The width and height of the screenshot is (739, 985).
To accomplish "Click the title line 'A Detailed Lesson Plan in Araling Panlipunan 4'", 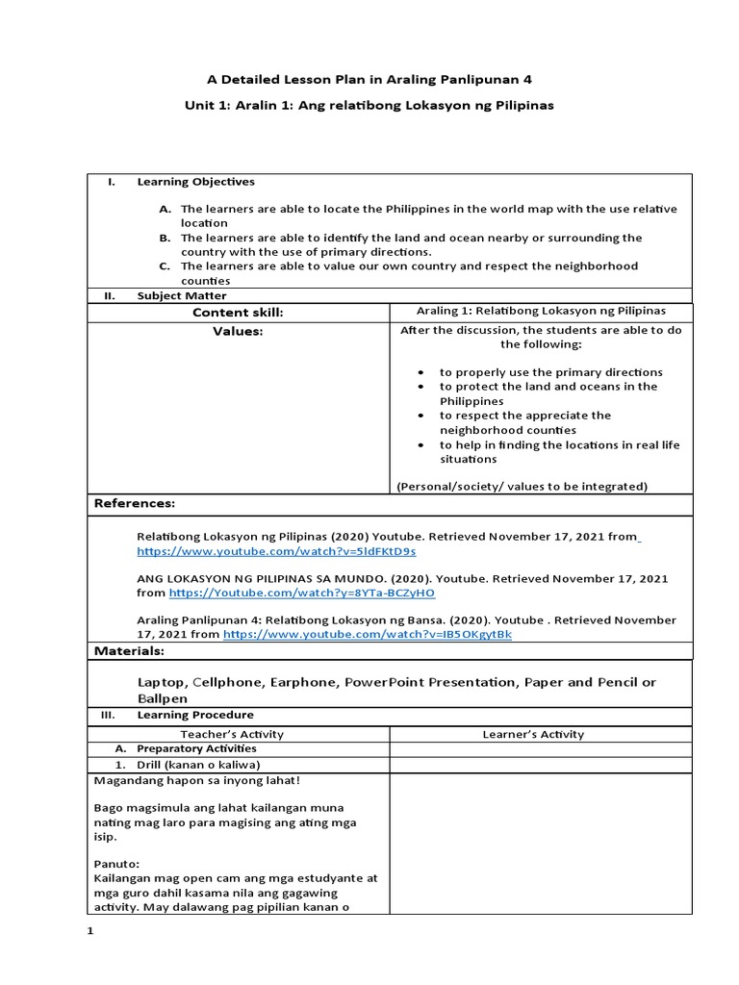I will pos(369,78).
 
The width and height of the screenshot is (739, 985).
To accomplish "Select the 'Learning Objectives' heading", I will pos(195,181).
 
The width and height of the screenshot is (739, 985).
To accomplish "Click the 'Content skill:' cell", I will pos(238,312).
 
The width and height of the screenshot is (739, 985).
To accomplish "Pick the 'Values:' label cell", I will pos(238,331).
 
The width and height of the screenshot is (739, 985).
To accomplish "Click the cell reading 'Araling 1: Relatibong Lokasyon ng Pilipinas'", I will pos(540,311).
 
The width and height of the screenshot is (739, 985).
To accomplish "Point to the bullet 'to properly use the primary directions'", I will pos(550,371).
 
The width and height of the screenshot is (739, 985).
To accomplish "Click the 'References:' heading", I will pos(134,503).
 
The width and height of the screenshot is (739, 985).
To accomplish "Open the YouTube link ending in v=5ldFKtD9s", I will pos(276,552).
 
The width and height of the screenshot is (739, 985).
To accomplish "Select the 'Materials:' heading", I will pos(129,651).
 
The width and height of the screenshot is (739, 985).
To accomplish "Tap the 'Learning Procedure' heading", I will pos(195,715).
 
